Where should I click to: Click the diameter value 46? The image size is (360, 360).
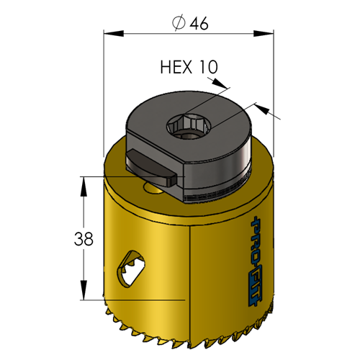click(199, 23)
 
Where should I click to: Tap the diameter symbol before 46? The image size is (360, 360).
click(179, 23)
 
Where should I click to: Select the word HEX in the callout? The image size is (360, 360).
click(176, 67)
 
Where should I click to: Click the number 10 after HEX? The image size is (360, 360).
click(208, 67)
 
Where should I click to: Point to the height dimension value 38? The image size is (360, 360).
click(84, 239)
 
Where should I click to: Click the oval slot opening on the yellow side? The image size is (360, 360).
click(131, 269)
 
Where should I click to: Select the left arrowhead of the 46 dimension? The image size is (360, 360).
click(114, 33)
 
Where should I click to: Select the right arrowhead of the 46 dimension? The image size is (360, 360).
click(264, 33)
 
